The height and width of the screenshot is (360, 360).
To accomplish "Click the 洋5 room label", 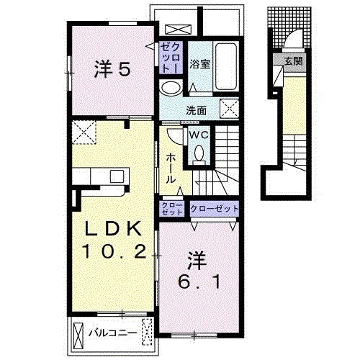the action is coord(112,69).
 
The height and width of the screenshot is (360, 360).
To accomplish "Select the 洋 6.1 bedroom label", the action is coord(199,270).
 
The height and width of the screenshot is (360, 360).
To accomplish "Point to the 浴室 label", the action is coord(200,64).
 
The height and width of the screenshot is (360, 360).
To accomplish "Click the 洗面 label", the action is coord(197,111).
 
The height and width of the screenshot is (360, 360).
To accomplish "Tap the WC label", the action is coord(199,135).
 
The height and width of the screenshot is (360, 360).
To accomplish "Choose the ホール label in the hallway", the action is coord(171,168).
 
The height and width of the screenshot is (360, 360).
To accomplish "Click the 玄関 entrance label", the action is coord(294,61).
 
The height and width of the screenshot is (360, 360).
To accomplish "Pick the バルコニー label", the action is coord(113,333).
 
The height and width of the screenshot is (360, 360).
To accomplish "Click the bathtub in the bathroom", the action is coord(226,66).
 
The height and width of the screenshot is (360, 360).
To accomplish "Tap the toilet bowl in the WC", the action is coord(199,153).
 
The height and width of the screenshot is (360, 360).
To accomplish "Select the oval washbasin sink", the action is coord(171,87).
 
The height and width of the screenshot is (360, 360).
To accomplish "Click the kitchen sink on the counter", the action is coord(117,176).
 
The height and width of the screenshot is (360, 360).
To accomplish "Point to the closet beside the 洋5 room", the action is coord(171,58).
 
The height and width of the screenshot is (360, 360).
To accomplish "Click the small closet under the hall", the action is coord(172,209).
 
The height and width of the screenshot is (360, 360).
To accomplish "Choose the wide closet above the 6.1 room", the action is coord(215,209).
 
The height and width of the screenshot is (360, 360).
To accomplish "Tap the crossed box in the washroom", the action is coord(230,109).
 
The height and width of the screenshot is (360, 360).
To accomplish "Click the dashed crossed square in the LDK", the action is coord(84,132).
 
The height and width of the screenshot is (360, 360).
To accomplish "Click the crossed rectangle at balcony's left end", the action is coord(78,334).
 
